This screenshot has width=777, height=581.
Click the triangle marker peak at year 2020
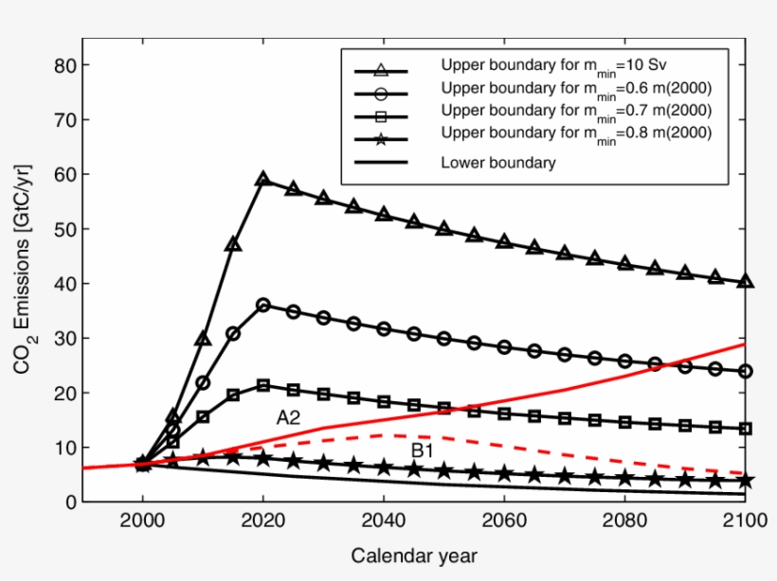point(263,178)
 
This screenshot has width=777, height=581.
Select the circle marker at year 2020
point(263,305)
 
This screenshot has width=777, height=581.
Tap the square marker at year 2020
point(263,385)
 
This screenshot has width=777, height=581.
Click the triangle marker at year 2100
point(746,281)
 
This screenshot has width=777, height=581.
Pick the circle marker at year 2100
point(746,371)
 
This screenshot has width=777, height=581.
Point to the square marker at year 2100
point(746,428)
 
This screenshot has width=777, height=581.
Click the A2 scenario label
point(288,417)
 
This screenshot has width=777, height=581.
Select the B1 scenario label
point(423,451)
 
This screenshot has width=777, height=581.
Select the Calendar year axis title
point(414,555)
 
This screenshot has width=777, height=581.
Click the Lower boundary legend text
point(497,162)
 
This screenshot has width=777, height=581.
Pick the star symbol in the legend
point(380,140)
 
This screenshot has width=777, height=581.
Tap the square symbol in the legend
point(380,116)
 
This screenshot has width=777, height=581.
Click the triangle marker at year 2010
point(203,338)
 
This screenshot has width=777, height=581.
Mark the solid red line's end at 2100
point(746,344)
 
